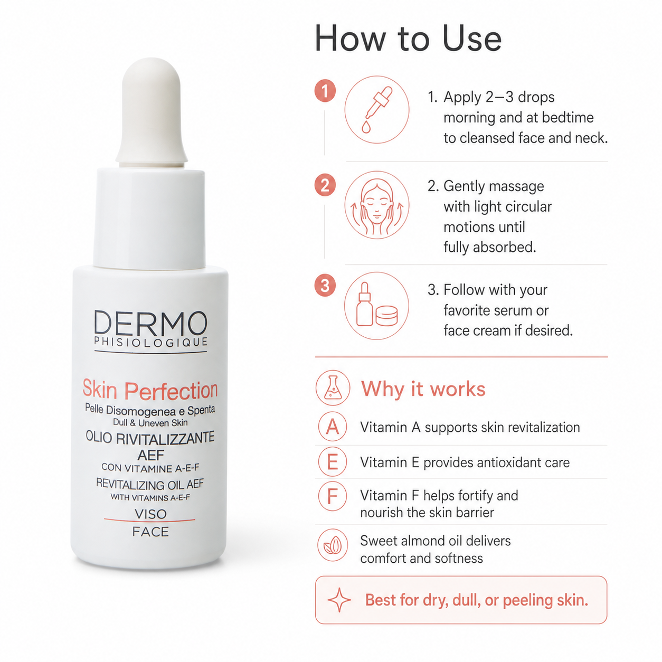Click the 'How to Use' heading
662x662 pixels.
click(x=408, y=38)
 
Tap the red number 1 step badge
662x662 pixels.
click(x=325, y=91)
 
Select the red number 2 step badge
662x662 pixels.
click(x=325, y=185)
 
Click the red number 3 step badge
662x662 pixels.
click(x=325, y=286)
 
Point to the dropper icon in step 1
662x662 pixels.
click(x=377, y=110)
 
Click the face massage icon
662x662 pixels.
click(x=377, y=205)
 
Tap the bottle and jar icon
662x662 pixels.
click(x=376, y=306)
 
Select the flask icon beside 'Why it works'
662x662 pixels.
click(x=333, y=388)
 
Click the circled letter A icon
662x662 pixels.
click(x=333, y=427)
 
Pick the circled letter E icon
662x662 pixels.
click(x=333, y=461)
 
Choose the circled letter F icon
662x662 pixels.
click(x=333, y=496)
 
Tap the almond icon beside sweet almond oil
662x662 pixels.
click(x=333, y=545)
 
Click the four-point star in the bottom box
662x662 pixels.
click(x=339, y=600)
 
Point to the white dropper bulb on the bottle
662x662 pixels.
click(x=152, y=111)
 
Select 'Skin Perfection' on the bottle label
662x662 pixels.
click(x=150, y=390)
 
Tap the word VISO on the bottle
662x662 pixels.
click(x=150, y=514)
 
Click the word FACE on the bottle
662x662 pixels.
click(x=150, y=532)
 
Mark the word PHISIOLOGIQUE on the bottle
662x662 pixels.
click(x=151, y=342)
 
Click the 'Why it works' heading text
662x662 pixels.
click(x=423, y=389)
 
